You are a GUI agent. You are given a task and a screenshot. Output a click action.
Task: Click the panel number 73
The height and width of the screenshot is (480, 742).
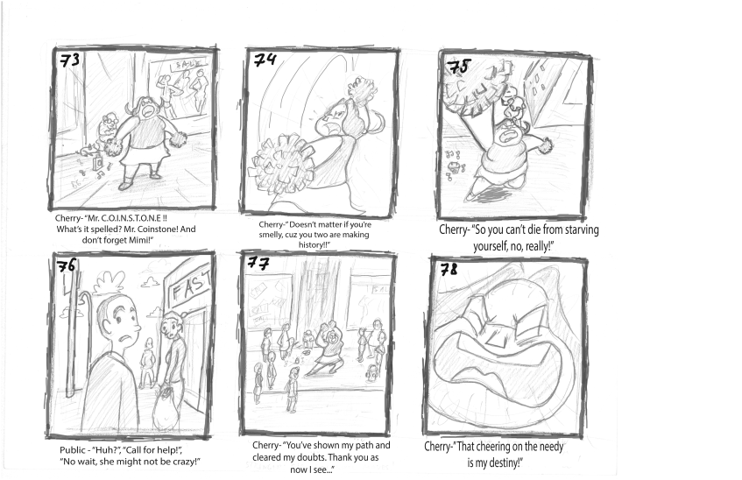coord(69,60)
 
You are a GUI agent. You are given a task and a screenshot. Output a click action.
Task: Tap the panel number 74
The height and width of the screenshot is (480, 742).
coord(265,60)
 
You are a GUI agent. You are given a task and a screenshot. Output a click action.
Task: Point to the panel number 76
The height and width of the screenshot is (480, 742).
coord(66,266)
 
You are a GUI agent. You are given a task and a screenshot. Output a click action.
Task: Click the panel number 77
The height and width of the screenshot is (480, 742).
coord(258,262)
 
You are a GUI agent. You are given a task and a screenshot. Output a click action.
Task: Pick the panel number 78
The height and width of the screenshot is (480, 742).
coord(449,270)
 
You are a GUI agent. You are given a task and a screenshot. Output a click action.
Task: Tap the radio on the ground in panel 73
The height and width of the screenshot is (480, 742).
coord(98,163)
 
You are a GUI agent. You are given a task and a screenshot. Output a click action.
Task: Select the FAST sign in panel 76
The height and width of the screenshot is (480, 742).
coord(190,285)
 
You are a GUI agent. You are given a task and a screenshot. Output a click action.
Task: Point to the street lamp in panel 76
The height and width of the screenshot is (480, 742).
coord(74,341)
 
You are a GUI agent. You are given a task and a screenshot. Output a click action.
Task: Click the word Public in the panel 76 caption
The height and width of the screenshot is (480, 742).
coord(73,449)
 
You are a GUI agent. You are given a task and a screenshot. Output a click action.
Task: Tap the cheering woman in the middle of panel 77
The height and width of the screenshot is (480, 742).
coord(328,349)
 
